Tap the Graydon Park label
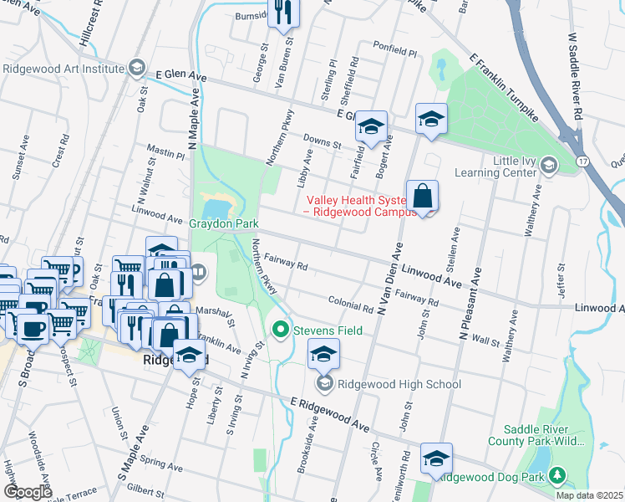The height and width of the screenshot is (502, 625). (x=224, y=224)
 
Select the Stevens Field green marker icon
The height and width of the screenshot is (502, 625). (x=281, y=330)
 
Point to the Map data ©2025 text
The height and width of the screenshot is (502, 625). (x=590, y=495)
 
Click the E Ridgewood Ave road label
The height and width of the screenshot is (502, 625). (x=329, y=415)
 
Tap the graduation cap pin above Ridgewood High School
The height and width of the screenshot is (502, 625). (x=323, y=354)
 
